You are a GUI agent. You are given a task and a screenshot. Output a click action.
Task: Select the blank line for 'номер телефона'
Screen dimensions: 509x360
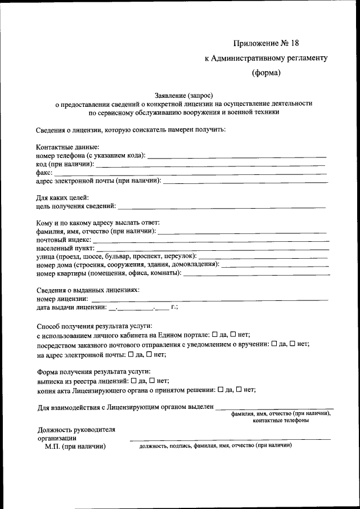[x=236, y=155]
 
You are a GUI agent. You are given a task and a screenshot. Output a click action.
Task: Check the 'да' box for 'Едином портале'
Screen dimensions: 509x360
[x=215, y=335]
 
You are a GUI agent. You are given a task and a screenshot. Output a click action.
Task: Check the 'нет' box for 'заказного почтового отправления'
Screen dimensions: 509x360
[x=292, y=344]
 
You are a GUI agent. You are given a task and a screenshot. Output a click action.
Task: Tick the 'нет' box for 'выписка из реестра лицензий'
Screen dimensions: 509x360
[x=152, y=380]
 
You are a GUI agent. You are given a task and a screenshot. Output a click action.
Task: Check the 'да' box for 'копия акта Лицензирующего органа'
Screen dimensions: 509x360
[x=220, y=389]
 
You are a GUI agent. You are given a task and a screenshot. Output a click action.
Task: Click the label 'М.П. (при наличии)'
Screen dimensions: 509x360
[x=75, y=447]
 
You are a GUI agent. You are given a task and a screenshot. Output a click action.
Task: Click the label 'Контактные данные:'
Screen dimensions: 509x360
[x=64, y=147]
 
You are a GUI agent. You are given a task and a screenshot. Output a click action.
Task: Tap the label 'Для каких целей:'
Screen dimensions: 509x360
[x=62, y=198]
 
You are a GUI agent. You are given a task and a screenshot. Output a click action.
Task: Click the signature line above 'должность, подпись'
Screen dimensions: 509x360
[x=231, y=439]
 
